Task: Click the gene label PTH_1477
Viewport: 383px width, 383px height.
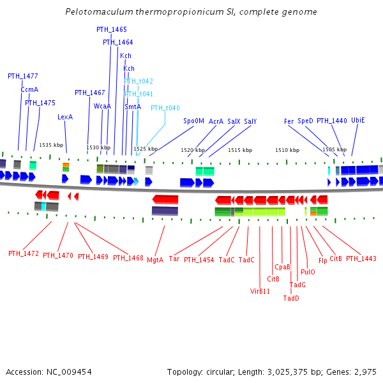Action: tap(23, 76)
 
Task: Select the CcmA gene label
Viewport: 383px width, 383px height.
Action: tap(29, 90)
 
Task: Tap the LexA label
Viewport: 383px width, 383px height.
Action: tap(65, 117)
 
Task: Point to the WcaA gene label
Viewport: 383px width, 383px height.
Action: tap(102, 106)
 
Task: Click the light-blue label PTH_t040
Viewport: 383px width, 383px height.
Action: tap(165, 108)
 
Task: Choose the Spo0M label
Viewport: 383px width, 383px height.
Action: tap(193, 121)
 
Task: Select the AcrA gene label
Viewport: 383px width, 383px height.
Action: tap(216, 121)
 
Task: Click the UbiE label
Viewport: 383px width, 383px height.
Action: tap(358, 120)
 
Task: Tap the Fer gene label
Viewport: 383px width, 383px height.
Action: tap(289, 121)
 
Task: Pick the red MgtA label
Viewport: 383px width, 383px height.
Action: tap(155, 260)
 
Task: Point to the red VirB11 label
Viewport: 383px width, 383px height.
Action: tap(260, 291)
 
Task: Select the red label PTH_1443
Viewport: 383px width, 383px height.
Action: tap(361, 259)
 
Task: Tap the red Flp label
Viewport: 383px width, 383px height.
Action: tap(322, 260)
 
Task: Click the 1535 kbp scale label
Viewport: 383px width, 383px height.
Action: tap(51, 145)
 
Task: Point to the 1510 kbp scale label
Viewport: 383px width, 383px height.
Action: tap(287, 150)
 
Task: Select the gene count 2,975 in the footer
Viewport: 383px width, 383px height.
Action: tap(367, 372)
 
